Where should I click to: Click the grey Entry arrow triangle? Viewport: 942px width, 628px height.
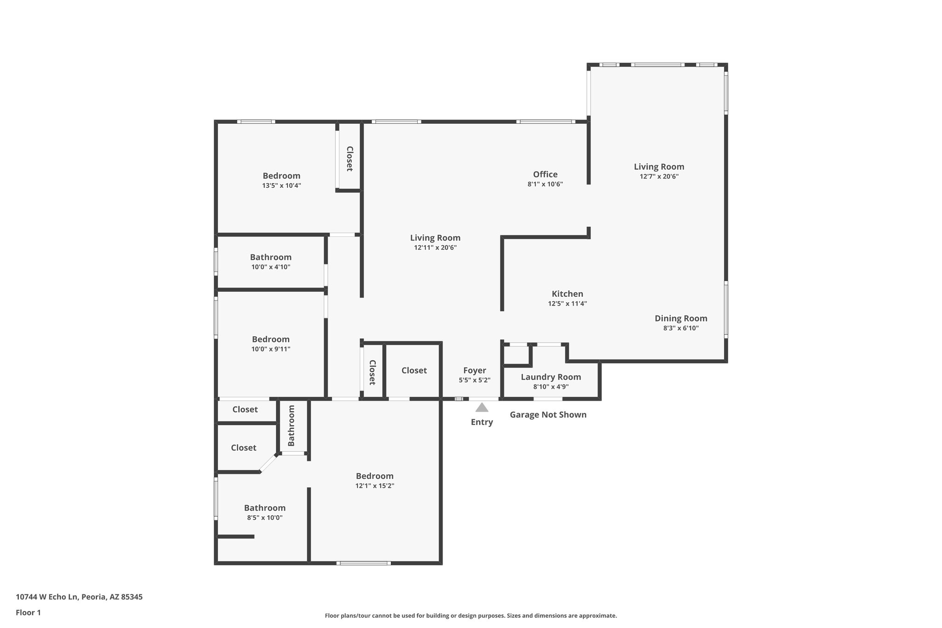[482, 408]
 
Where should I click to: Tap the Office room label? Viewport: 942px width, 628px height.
[545, 174]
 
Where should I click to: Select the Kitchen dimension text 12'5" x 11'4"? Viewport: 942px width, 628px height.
[567, 304]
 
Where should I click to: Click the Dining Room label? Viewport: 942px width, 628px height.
[681, 318]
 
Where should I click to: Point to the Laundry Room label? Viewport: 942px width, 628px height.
[551, 377]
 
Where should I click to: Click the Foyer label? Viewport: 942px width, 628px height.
[474, 371]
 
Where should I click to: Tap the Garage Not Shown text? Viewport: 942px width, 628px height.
[548, 415]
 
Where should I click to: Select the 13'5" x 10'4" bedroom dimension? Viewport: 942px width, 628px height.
[281, 186]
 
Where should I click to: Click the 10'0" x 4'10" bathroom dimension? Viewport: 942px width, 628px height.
[270, 267]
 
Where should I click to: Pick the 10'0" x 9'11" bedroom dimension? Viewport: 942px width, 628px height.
[270, 349]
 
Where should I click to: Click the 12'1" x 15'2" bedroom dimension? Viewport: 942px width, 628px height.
[374, 486]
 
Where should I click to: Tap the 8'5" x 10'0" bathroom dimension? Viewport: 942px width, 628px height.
[264, 518]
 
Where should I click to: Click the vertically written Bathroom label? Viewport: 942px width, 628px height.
[291, 426]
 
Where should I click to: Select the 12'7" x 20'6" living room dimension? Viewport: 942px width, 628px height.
[659, 177]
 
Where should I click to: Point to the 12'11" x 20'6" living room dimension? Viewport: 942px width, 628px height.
[435, 248]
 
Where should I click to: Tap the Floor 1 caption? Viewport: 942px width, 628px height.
[28, 612]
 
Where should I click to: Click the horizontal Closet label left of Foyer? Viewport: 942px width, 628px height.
[414, 371]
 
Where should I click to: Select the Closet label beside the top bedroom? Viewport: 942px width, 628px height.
[349, 159]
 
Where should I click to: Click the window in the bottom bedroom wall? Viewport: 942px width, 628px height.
[363, 563]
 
